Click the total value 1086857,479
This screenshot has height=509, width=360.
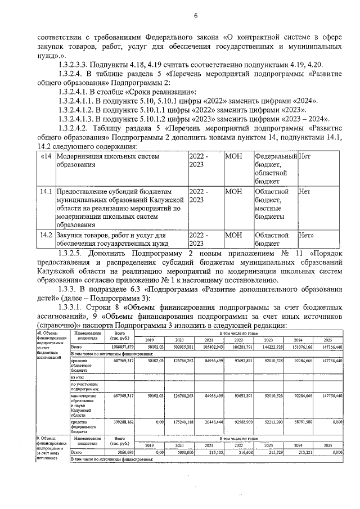pos(122,348)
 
